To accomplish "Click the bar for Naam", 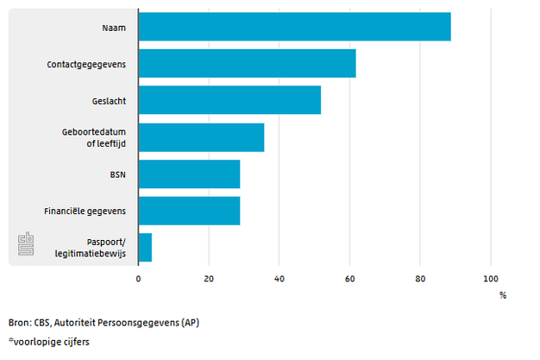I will click(294, 27).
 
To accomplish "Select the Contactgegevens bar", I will click(247, 64).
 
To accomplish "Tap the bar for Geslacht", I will click(229, 100).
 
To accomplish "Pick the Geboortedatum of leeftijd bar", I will click(201, 137).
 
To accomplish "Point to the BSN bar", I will click(189, 174).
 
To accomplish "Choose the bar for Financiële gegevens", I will click(189, 211).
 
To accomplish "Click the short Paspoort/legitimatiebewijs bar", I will click(145, 248).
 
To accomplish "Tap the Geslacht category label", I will click(110, 101).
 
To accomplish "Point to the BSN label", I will click(117, 174).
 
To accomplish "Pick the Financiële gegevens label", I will click(85, 211).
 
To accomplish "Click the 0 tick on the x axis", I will click(138, 279).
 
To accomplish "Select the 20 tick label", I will click(209, 279).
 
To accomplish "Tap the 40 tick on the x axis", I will click(279, 279).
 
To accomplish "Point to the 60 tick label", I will click(349, 279).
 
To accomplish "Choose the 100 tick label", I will click(490, 279).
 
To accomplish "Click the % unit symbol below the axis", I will click(503, 295).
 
